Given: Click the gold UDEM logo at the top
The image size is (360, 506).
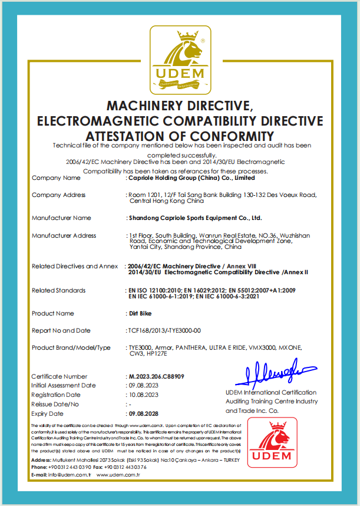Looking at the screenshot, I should click(x=180, y=57).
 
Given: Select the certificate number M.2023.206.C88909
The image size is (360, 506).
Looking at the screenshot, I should click(x=157, y=376).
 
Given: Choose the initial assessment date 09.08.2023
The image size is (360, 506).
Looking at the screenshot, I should click(x=143, y=385).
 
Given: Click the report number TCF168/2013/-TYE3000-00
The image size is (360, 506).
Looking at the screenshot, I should click(x=164, y=330).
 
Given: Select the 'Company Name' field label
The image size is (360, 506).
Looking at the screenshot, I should click(x=56, y=178).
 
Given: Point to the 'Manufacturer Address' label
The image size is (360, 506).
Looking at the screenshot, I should click(x=64, y=235).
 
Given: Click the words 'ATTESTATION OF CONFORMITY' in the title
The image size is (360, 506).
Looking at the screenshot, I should click(x=180, y=136).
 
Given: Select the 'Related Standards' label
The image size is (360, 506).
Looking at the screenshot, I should click(x=58, y=290).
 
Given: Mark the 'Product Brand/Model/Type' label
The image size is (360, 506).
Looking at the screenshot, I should click(x=71, y=347).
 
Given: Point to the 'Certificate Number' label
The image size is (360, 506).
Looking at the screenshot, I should click(x=59, y=376).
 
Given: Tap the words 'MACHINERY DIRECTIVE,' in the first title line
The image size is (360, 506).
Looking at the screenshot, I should click(x=180, y=106).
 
